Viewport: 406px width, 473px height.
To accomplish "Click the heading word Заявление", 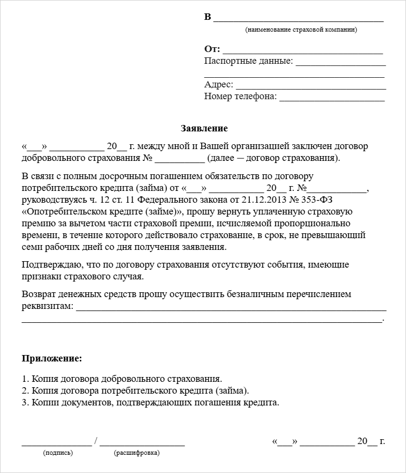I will point(203,129).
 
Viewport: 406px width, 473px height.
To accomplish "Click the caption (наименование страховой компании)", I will point(301,30).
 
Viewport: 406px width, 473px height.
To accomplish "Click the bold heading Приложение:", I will point(52,358).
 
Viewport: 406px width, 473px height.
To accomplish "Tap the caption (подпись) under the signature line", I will point(58,453).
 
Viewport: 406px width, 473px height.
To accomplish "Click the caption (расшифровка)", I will point(137,453).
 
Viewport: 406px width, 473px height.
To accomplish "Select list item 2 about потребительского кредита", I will point(136,390).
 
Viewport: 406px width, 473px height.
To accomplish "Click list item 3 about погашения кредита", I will point(151,402).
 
